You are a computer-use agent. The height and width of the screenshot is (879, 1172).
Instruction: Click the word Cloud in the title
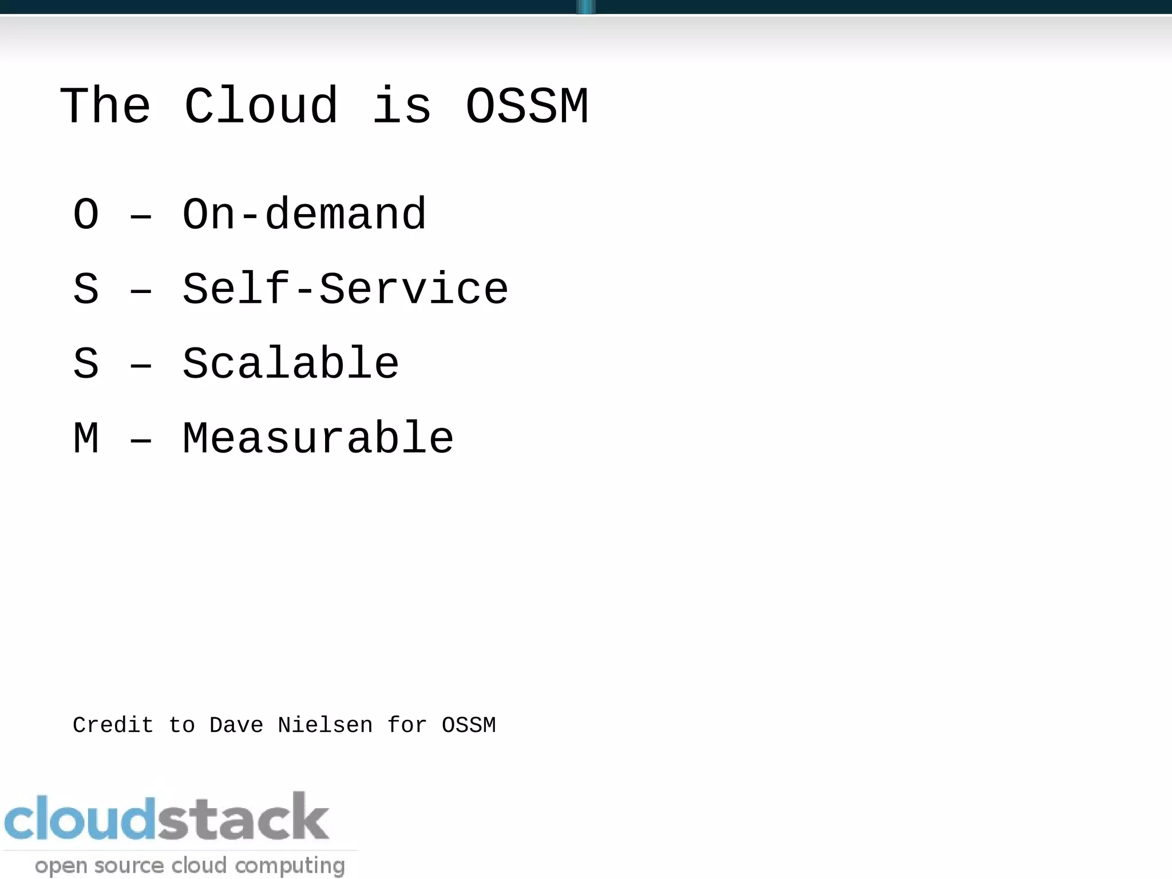[261, 106]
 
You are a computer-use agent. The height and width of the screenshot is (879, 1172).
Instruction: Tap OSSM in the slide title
[526, 106]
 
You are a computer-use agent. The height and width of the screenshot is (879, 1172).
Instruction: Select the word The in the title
[105, 106]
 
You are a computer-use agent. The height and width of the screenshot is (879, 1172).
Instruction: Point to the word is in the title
[402, 106]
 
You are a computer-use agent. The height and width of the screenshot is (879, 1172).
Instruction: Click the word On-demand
[304, 215]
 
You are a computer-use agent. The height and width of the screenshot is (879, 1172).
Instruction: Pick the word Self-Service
[345, 289]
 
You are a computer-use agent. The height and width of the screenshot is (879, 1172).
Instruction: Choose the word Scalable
[290, 363]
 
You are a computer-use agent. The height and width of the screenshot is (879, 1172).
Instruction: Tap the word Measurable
[318, 438]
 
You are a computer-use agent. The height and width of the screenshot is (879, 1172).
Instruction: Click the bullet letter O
[86, 215]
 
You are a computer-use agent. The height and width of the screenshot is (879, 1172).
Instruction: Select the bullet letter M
[86, 438]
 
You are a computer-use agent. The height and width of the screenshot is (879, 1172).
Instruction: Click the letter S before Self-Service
[86, 289]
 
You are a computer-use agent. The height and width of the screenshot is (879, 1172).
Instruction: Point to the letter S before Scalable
[86, 363]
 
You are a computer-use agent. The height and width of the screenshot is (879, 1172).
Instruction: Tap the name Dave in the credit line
[236, 726]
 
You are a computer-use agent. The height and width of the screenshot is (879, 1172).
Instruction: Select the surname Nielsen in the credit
[325, 726]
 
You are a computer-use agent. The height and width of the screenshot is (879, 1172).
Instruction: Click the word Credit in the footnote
[113, 726]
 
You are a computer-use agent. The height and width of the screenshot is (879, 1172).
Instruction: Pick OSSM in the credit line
[469, 726]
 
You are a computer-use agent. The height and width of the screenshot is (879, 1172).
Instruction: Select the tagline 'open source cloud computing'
[190, 865]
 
